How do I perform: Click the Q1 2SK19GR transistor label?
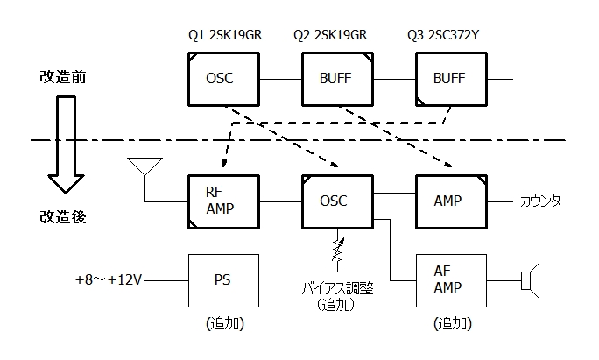[225, 36]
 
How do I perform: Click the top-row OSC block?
[224, 78]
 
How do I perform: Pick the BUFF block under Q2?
[336, 78]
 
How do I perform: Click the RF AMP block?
[224, 201]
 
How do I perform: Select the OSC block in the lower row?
[336, 201]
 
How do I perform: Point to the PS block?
[224, 280]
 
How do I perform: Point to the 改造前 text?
[61, 77]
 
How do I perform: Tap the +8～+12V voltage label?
[110, 281]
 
